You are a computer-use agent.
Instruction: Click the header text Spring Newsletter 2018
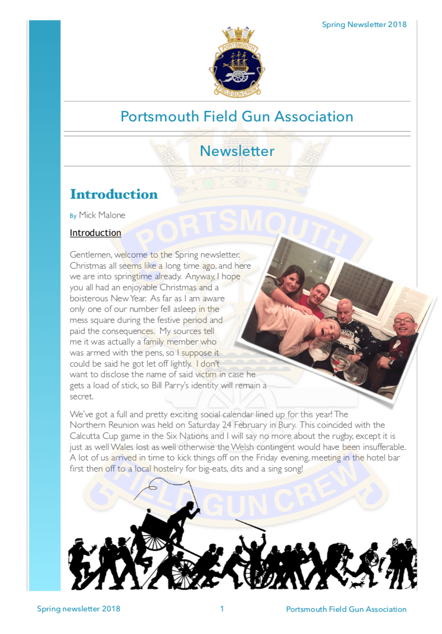click(x=364, y=24)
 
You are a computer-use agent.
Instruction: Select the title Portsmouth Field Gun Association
click(x=237, y=116)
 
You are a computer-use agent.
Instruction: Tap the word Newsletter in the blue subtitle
click(x=237, y=151)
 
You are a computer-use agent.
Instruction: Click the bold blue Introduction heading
click(x=114, y=194)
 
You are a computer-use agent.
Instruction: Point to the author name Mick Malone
click(x=102, y=215)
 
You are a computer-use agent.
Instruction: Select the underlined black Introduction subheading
click(x=95, y=233)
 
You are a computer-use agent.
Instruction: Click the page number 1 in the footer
click(x=222, y=609)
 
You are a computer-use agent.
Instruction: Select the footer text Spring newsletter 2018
click(x=78, y=609)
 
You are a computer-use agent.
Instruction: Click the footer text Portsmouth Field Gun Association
click(x=346, y=609)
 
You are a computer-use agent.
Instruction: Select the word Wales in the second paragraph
click(x=123, y=447)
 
